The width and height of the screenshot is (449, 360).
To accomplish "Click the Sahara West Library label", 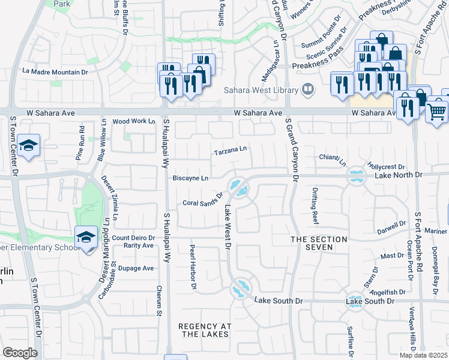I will click(x=261, y=91).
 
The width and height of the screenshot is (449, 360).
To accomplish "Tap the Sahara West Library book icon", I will click(x=307, y=90).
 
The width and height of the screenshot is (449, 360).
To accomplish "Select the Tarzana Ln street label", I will click(x=231, y=152).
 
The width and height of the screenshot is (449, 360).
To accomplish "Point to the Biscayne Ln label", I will click(x=190, y=178).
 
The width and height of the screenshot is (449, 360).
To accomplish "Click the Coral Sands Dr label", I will click(x=203, y=199).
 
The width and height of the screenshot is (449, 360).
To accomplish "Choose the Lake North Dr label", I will click(x=399, y=175).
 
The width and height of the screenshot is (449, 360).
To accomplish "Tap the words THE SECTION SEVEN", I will click(x=319, y=244).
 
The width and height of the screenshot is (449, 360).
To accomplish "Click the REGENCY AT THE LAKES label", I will click(x=205, y=331).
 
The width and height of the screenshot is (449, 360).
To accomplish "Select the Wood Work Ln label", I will click(x=133, y=121).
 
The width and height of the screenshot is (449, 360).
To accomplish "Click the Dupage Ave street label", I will click(x=136, y=268).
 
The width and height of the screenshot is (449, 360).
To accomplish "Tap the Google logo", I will click(x=20, y=353).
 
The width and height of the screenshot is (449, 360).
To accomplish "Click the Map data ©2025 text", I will click(x=423, y=355).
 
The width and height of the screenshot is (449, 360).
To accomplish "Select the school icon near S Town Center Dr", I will click(x=29, y=146).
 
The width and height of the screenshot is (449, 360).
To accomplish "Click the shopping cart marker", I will click(x=436, y=111).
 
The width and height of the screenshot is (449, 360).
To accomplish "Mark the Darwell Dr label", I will click(x=391, y=228).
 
